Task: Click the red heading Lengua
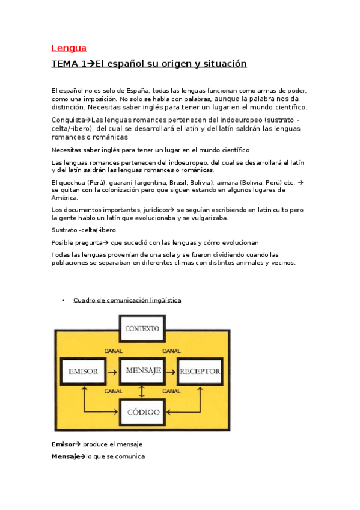tap(69, 48)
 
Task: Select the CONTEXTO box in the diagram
tap(142, 328)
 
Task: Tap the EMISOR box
tap(83, 371)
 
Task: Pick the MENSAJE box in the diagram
tap(142, 370)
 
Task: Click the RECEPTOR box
tap(200, 371)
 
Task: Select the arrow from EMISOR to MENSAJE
tap(112, 371)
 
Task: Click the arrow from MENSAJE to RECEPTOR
tap(171, 371)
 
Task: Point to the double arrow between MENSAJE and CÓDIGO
tap(142, 392)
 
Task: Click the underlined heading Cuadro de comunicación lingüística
tap(127, 300)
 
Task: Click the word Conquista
tap(66, 119)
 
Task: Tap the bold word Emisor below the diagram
tap(63, 444)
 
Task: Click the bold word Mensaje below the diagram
tap(66, 456)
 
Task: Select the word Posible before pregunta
tap(64, 242)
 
